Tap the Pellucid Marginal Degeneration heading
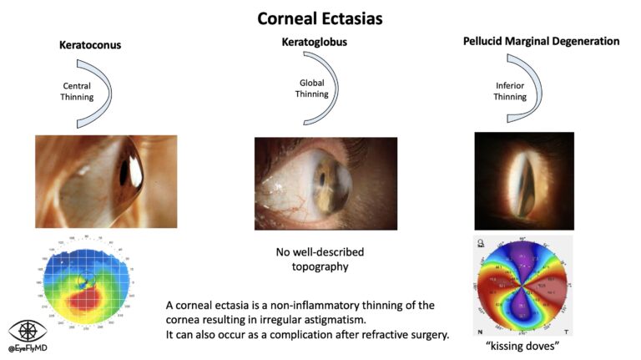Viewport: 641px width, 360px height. click(x=543, y=40)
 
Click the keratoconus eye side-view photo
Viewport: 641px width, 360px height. click(x=106, y=172)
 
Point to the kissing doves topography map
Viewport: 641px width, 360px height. click(x=522, y=286)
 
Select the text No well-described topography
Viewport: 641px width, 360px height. click(x=320, y=260)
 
